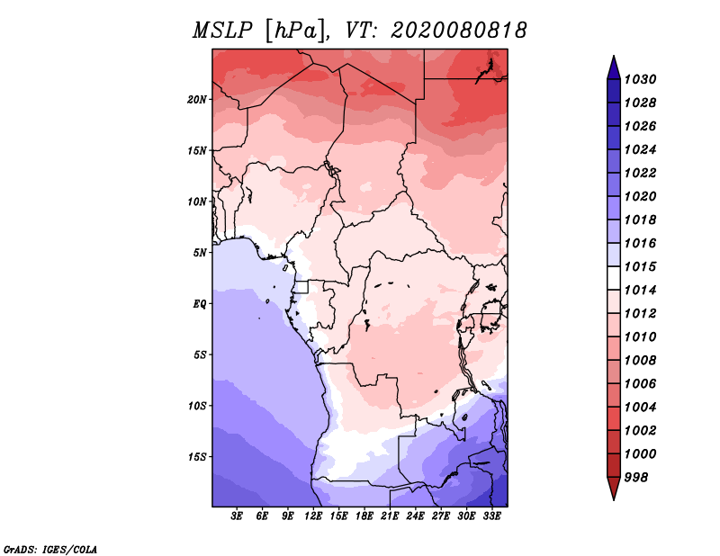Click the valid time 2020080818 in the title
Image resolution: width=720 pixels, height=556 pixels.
pos(459,31)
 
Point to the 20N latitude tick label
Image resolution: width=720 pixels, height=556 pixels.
pos(197,99)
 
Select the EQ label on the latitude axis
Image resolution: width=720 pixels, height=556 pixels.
pos(200,303)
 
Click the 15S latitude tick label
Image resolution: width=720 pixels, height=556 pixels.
pos(197,456)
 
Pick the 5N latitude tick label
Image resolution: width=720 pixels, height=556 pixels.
pos(200,252)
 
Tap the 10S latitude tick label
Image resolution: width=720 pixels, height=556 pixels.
pos(197,406)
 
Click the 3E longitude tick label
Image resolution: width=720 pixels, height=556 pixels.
pos(238,516)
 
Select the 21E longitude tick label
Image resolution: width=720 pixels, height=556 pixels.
pos(390,516)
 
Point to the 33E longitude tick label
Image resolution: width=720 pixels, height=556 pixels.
pos(491,516)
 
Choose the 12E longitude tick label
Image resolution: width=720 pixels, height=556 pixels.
pos(313,516)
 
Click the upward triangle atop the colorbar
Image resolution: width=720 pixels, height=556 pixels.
pos(613,66)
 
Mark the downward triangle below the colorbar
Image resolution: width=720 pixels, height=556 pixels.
pos(613,489)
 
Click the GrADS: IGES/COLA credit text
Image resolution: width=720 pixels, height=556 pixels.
pos(50,548)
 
